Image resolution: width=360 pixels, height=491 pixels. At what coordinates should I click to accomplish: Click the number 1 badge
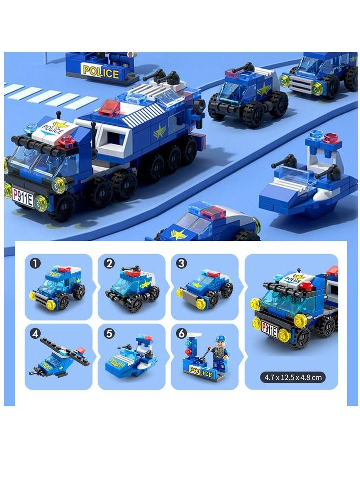35,263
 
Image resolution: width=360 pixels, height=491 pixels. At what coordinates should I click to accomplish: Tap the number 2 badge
109,263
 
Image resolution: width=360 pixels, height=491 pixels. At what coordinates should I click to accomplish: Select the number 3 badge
181,263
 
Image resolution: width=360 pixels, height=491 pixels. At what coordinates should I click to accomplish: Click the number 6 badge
181,334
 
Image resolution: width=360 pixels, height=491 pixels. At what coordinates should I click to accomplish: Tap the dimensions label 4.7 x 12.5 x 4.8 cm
293,378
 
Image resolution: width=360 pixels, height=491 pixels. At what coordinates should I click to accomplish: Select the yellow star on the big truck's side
159,131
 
